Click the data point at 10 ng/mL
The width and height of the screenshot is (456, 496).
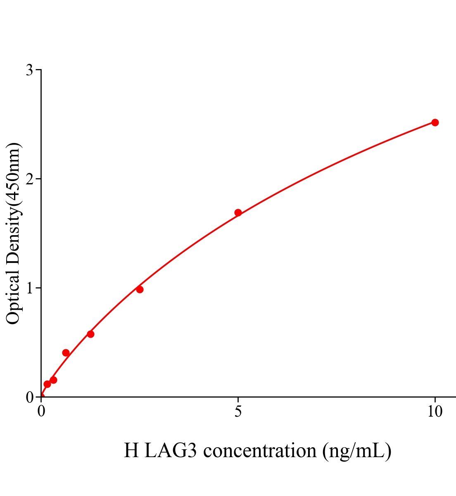coord(435,122)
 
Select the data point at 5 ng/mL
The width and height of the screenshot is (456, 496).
coord(238,212)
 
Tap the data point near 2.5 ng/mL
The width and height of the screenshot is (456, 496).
coord(140,289)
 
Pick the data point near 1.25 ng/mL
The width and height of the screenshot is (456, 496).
coord(90,334)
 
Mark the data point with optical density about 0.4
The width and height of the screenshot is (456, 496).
coord(66,353)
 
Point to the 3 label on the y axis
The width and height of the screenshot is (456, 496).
coord(29,70)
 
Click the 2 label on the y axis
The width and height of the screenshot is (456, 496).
coord(29,179)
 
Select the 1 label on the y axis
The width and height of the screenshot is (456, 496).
coord(29,288)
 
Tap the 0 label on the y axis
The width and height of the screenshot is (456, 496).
coord(29,397)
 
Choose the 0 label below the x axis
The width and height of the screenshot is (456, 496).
coord(41,412)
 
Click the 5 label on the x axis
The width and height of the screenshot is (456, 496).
coord(238,412)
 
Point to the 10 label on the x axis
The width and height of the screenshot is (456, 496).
coord(435,412)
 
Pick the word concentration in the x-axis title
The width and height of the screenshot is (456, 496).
coord(260,450)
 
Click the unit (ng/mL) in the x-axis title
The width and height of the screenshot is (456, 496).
coord(357,450)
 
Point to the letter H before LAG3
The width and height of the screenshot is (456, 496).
coord(131,450)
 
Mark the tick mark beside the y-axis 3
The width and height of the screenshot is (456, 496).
coord(39,70)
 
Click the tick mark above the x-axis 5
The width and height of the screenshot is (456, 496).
coord(238,399)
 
